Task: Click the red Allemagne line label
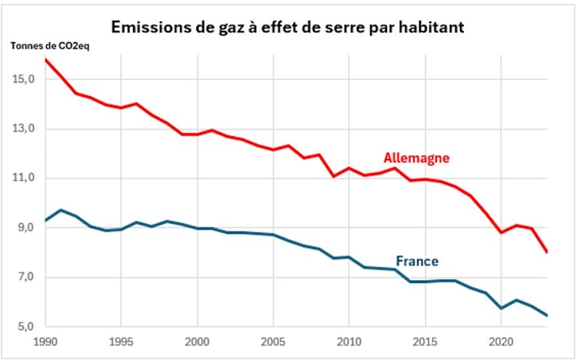pos(416,158)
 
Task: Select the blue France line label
pos(417,261)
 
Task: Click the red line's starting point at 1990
pos(46,60)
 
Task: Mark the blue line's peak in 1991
pos(62,210)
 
